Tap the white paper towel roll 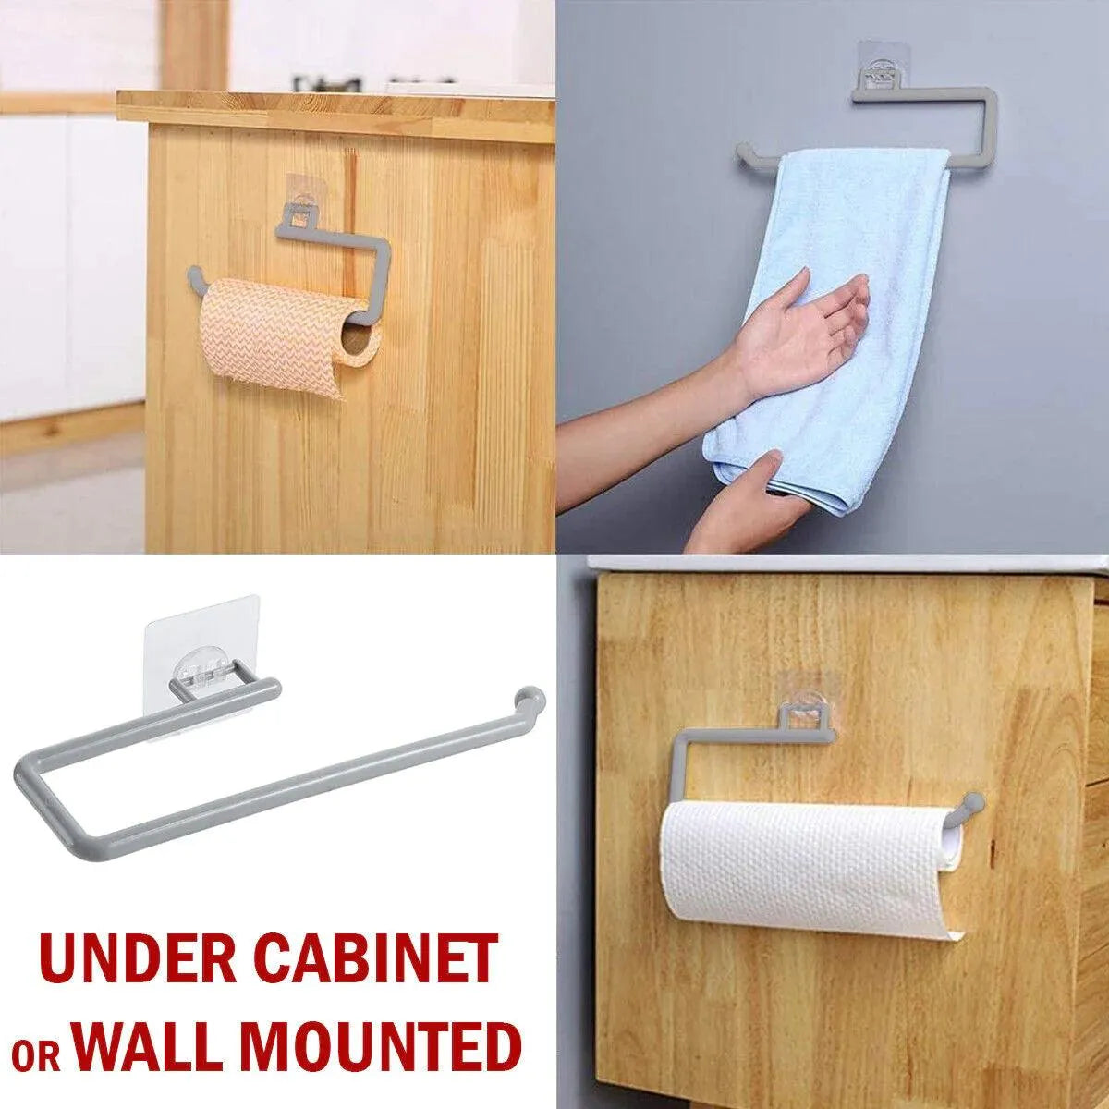795,869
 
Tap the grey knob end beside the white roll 971,802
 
